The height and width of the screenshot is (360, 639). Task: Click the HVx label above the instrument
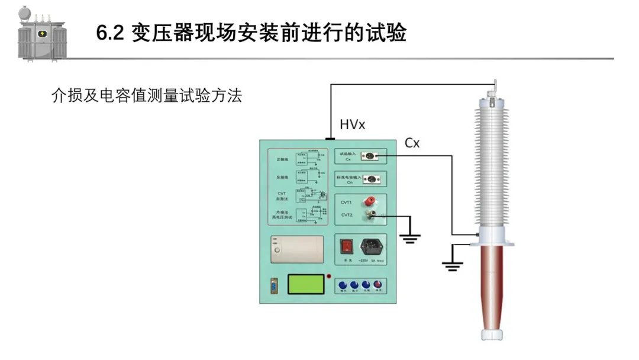[353, 125]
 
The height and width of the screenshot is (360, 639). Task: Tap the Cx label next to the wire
[412, 143]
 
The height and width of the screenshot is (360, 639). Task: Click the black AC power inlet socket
[371, 245]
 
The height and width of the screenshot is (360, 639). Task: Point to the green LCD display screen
[306, 284]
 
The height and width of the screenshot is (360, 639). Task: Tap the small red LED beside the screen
[329, 276]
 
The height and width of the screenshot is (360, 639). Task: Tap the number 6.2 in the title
[109, 34]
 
